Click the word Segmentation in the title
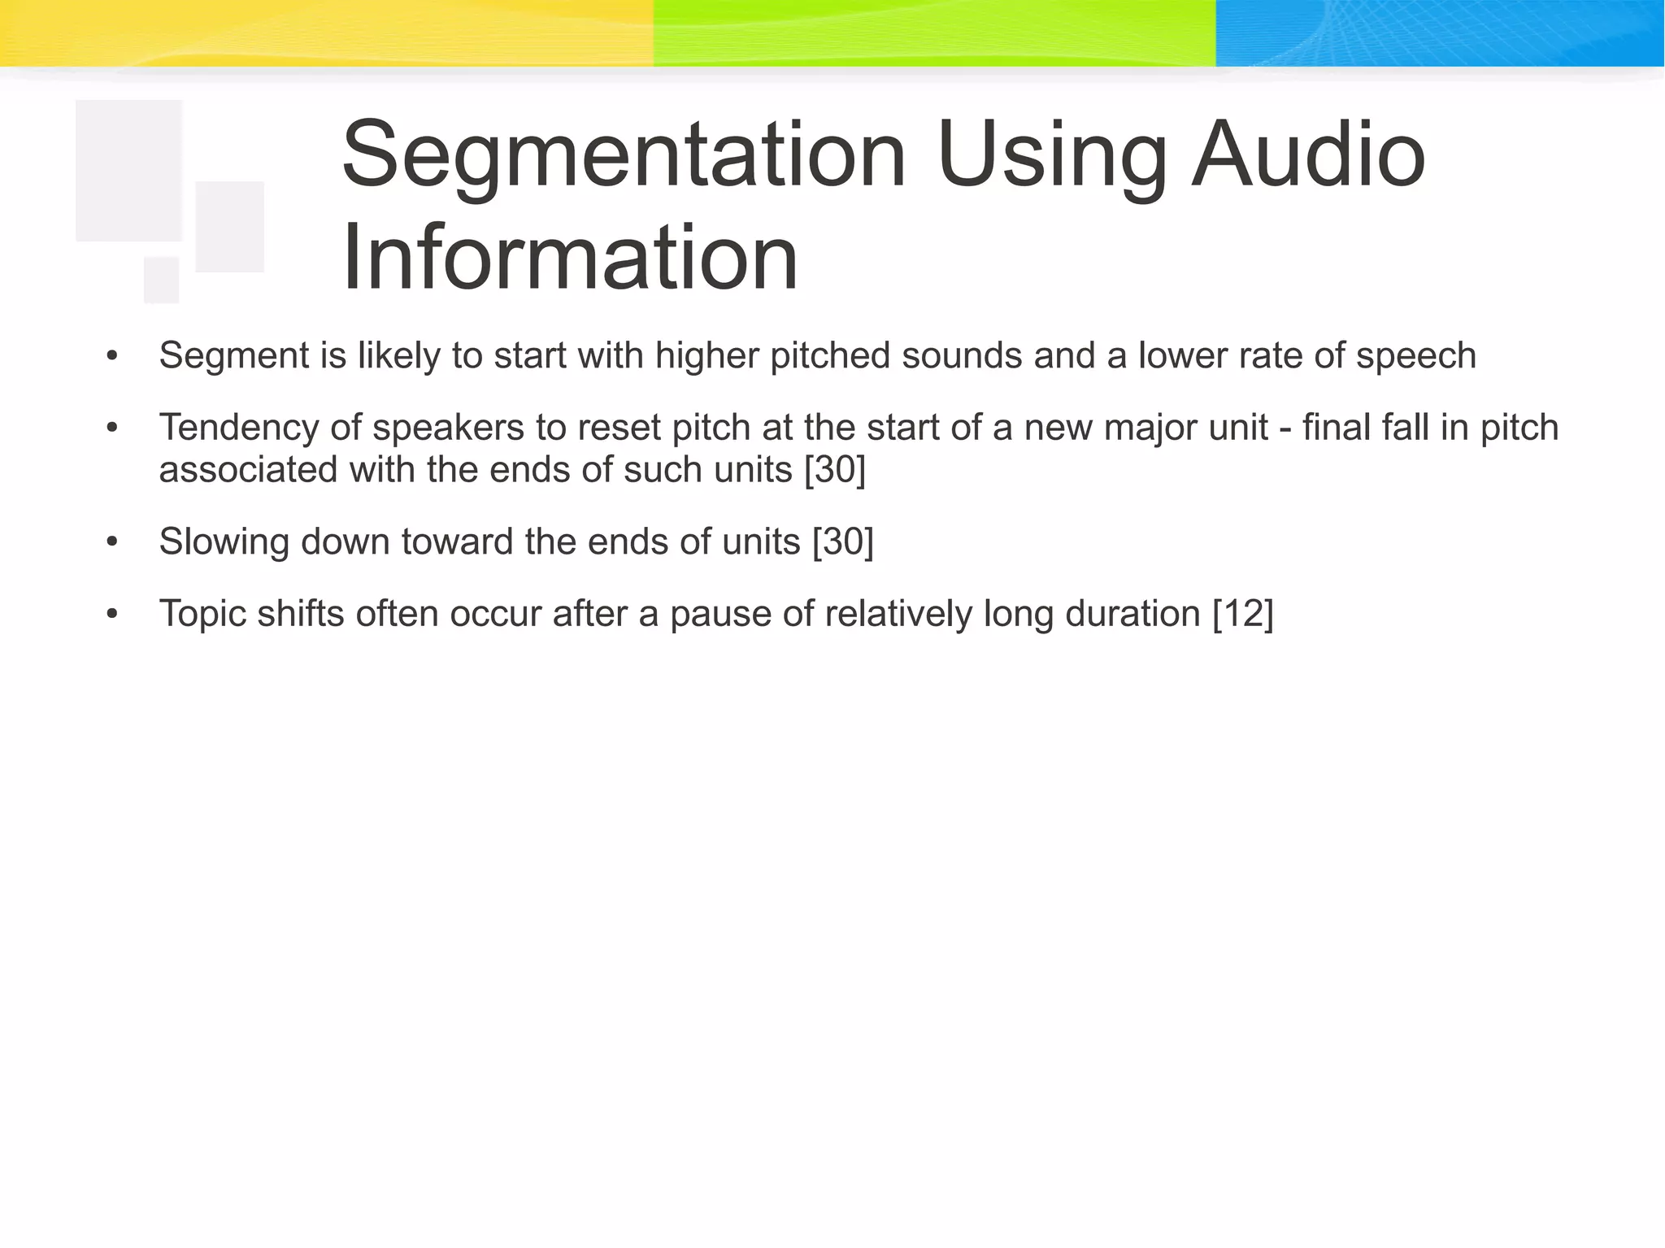(624, 154)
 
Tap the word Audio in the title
(1308, 154)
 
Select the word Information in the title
(570, 258)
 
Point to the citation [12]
(1242, 614)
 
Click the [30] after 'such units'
(835, 470)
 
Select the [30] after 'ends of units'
(843, 542)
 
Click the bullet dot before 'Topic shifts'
(112, 615)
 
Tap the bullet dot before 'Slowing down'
(112, 542)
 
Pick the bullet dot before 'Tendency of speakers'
(112, 428)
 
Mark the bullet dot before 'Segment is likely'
(112, 356)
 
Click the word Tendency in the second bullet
(239, 428)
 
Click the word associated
(248, 470)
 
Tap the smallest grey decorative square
(161, 280)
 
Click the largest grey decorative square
(128, 171)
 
